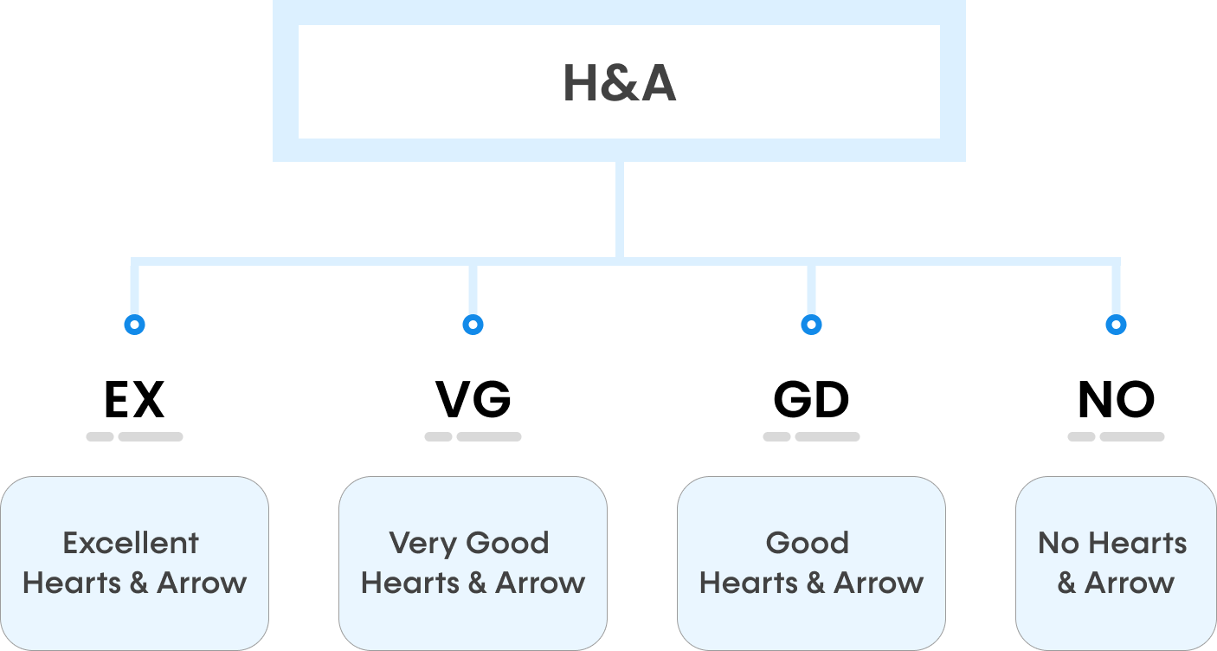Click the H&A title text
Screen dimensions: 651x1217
[619, 84]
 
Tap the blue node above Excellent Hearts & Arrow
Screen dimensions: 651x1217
[134, 325]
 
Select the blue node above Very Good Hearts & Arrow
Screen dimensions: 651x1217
[473, 325]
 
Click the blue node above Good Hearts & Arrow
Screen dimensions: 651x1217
[811, 325]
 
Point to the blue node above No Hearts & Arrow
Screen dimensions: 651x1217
[1117, 325]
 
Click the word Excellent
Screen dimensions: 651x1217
[131, 544]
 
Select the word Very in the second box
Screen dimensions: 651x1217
[410, 544]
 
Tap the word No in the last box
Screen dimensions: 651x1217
[1058, 544]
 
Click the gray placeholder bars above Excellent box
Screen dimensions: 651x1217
[134, 437]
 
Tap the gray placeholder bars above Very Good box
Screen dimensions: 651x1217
[473, 437]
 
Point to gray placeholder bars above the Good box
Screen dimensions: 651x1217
[811, 437]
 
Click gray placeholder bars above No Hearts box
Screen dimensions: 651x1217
[1116, 437]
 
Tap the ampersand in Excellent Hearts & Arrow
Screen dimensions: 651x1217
[138, 583]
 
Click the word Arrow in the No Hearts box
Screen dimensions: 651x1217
[1130, 583]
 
